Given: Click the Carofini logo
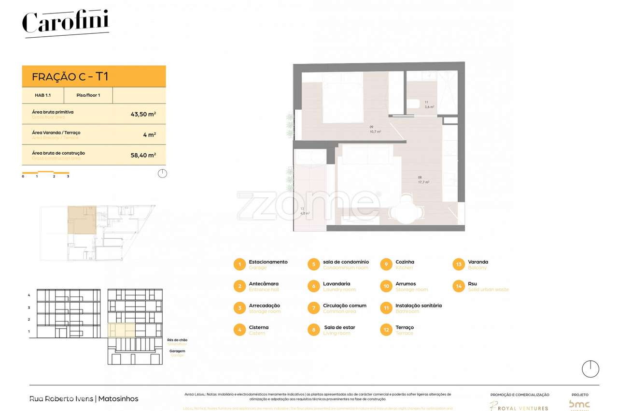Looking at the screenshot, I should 66,22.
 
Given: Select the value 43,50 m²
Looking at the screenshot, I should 143,115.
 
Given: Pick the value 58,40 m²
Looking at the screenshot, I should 143,155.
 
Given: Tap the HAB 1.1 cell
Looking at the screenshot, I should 43,95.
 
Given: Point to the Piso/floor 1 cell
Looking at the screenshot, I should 88,95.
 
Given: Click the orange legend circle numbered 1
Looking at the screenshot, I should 239,264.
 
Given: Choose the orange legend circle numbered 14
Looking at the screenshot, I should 459,286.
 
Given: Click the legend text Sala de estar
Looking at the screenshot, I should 339,327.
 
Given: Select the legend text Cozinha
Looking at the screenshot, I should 405,262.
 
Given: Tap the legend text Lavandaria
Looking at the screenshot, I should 337,284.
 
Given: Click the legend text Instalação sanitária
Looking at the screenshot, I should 418,306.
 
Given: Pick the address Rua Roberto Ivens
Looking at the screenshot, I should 62,399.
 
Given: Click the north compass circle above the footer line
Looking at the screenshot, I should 590,369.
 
